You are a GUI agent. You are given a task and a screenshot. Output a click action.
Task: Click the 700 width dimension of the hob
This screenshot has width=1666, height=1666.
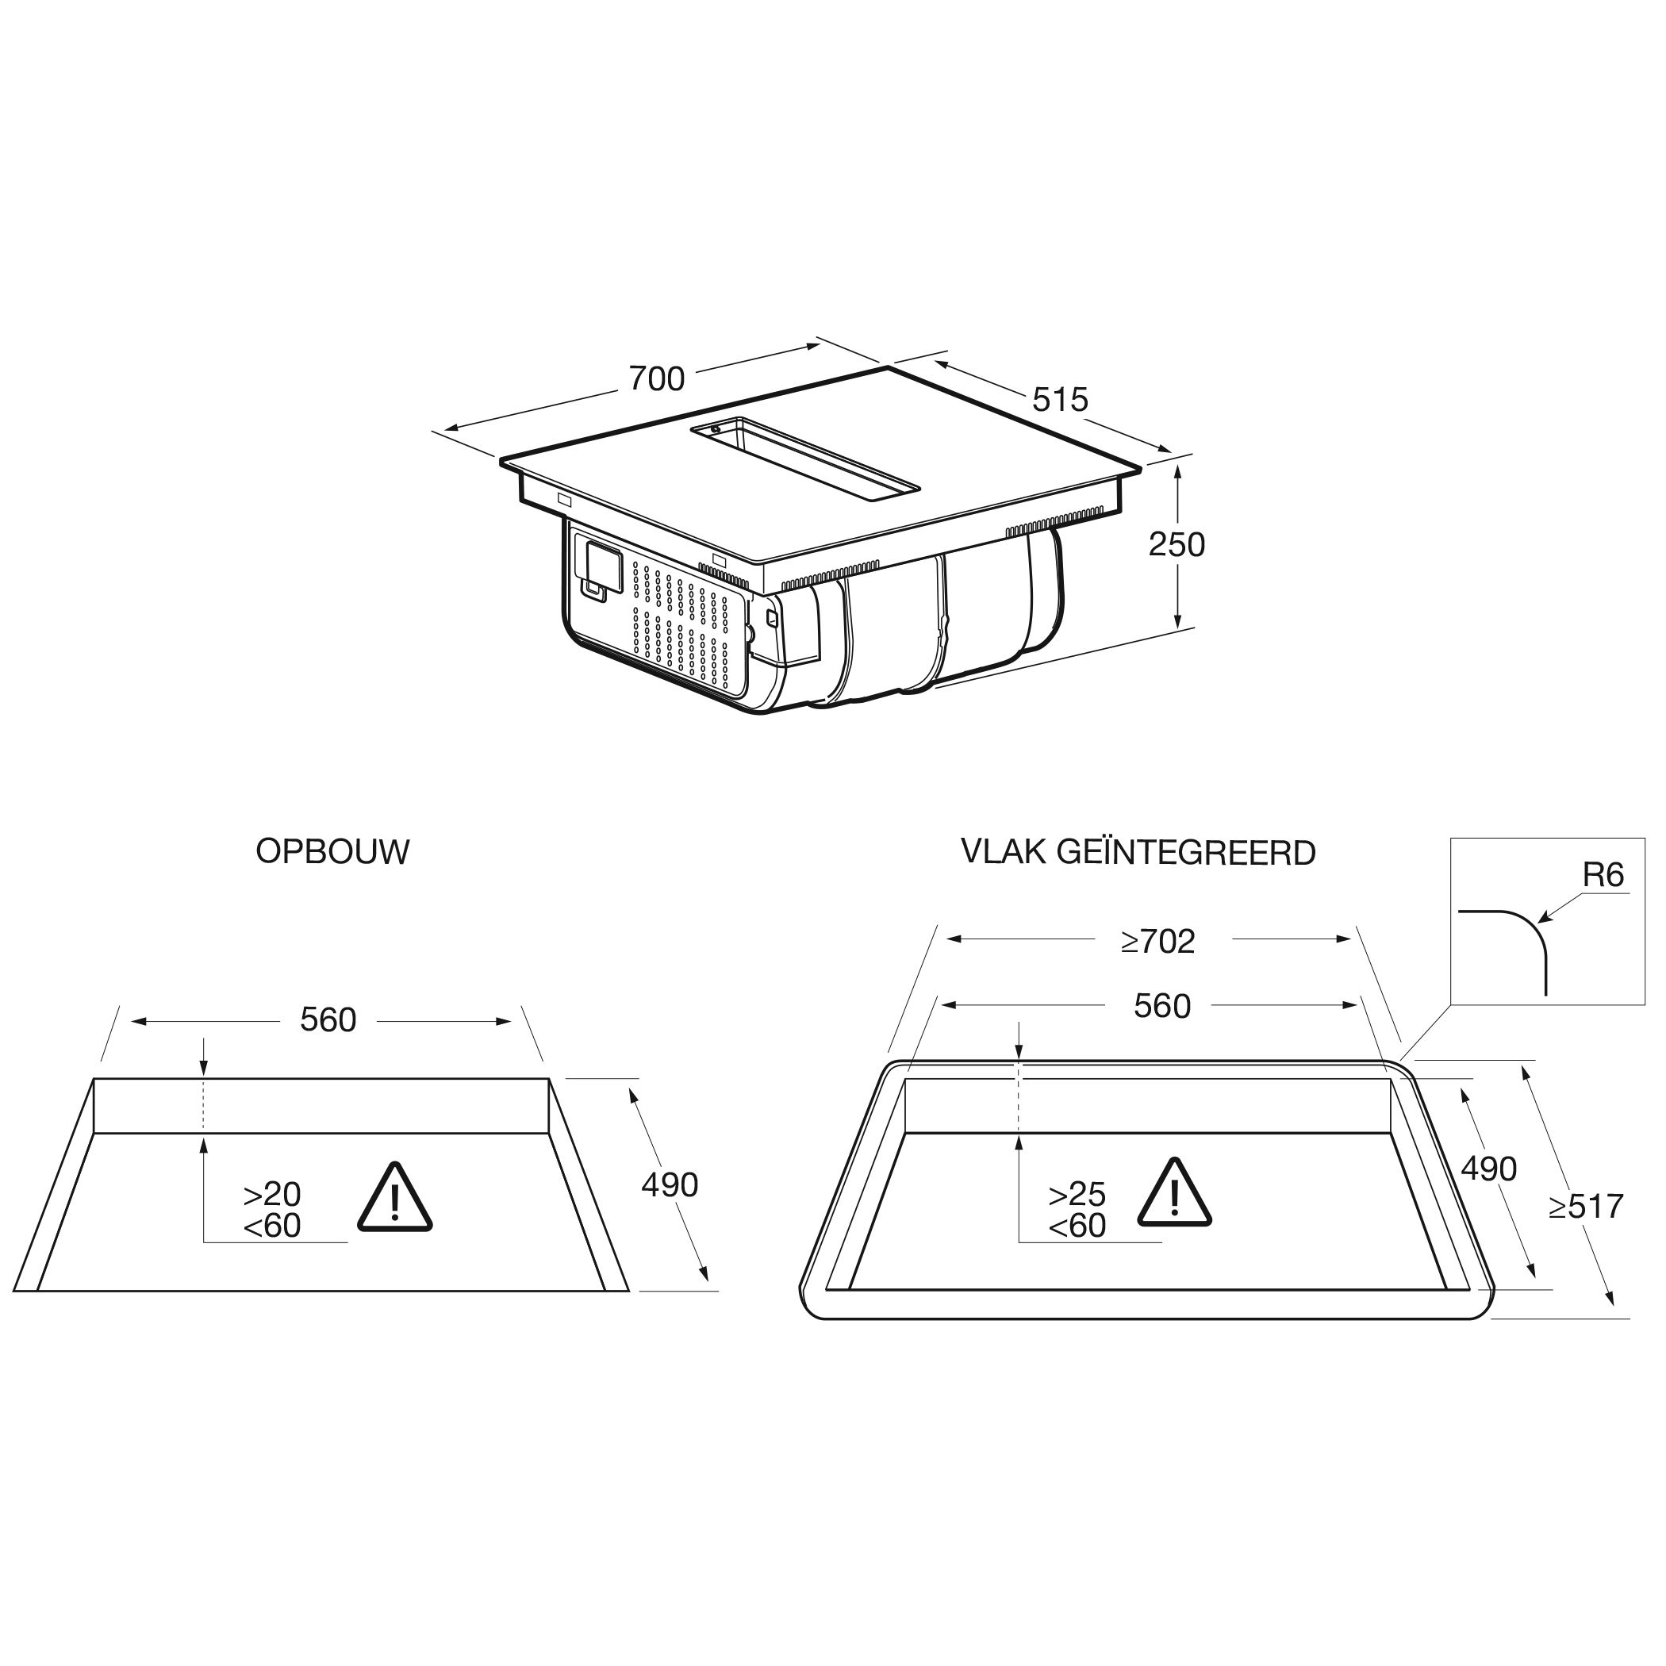click(656, 378)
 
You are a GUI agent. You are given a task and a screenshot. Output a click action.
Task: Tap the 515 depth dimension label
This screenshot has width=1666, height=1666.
click(1060, 399)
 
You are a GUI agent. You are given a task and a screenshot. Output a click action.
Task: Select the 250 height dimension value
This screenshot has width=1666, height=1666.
click(1177, 544)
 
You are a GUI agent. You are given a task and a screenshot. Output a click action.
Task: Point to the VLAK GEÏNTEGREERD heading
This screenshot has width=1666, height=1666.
click(1138, 851)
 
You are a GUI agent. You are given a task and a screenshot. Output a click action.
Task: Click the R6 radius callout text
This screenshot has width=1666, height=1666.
click(1603, 875)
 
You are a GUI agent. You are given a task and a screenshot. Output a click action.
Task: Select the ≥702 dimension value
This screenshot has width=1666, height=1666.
click(1158, 942)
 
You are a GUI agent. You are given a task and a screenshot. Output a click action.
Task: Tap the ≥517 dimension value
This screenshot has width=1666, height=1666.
click(1586, 1207)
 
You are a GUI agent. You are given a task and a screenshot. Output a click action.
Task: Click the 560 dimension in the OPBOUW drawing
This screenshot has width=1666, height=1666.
click(328, 1020)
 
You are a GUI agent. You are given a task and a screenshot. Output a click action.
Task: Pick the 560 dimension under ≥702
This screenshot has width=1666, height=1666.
click(1161, 1006)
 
